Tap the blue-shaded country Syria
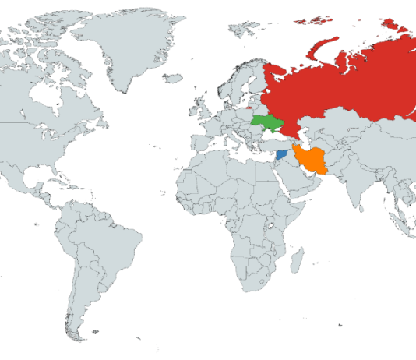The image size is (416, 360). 281,154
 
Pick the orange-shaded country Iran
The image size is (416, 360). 313,160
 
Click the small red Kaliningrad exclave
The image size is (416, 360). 248,108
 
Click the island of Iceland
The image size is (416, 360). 173,78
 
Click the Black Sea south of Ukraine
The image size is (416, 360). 273,136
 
